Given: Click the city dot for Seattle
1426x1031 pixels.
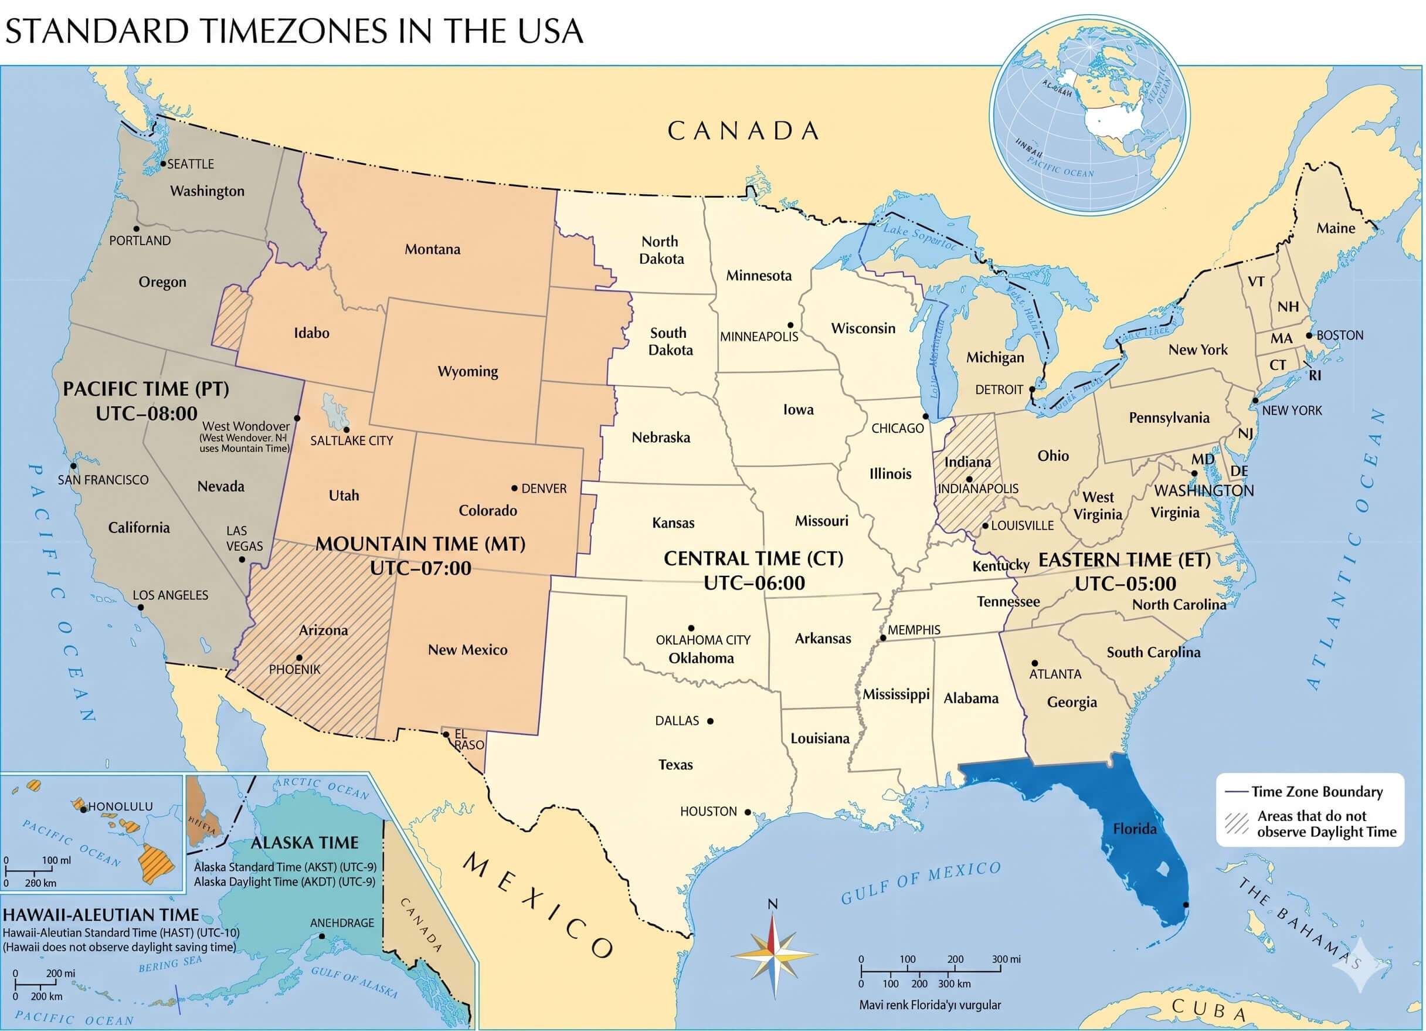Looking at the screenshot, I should coord(163,164).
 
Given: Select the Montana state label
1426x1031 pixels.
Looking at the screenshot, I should coord(432,250).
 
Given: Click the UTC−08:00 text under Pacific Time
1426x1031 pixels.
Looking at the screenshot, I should coord(147,413).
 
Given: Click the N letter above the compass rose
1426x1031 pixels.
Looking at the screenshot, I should coord(773,904).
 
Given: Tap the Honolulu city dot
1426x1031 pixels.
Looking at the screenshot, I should coord(84,809).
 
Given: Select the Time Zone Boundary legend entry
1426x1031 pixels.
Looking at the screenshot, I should coord(1316,791).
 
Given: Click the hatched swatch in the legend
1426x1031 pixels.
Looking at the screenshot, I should coord(1236,823).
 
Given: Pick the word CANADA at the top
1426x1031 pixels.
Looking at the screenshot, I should coord(743,131).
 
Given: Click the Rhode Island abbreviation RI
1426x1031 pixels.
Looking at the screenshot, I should coord(1315,375).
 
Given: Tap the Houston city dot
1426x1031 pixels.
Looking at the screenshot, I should coord(748,812).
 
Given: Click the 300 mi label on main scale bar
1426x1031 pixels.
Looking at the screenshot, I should coord(1006,959).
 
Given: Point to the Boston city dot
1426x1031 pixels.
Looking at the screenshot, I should coord(1310,335).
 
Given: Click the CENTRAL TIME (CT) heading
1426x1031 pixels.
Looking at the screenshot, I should coord(753,558).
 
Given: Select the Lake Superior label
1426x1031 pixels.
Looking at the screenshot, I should coord(919,237).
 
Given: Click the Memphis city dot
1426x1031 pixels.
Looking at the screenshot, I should coord(883,638).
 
